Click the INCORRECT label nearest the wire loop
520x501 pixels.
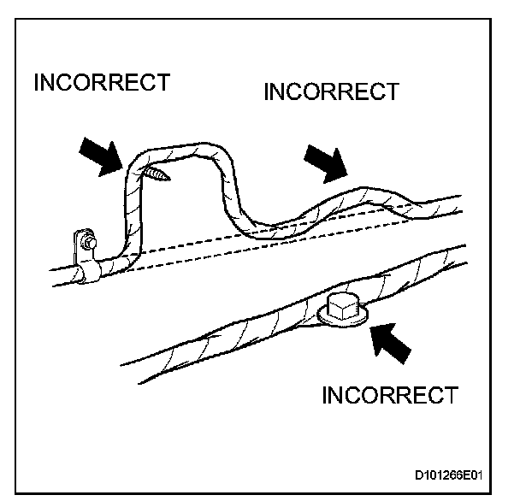(x=101, y=83)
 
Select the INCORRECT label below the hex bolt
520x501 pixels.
(x=389, y=396)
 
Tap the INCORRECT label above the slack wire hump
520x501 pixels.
(x=332, y=91)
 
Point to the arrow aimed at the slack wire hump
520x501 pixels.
(x=326, y=163)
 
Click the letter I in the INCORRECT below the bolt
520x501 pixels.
(x=326, y=396)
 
